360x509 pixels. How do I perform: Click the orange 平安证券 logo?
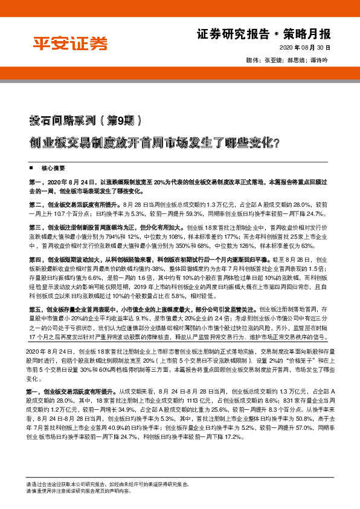coord(70,44)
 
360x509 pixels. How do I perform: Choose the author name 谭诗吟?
coord(318,61)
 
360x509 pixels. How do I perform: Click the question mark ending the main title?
coord(276,144)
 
